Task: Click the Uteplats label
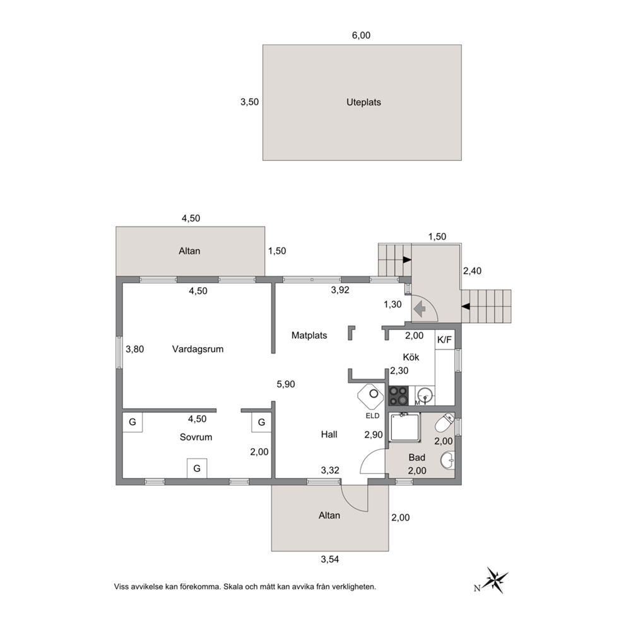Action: pos(363,102)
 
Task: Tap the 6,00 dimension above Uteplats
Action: pos(361,35)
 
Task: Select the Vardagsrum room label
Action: pos(198,350)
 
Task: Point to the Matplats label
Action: pos(309,335)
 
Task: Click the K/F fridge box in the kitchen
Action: pos(445,340)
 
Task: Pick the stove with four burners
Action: pos(398,396)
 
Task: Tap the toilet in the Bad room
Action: pos(444,423)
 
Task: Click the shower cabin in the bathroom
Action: pos(405,428)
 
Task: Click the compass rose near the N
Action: pos(496,580)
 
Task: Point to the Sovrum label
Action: pos(196,437)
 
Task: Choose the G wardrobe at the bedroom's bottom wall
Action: pos(197,468)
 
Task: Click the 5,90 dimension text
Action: pos(286,384)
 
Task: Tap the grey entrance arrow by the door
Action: pos(419,309)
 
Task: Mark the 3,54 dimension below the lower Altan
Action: pos(330,559)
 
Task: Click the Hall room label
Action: pos(329,434)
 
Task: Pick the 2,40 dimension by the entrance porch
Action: pos(472,271)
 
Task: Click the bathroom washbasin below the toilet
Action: pos(447,460)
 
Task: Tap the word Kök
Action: pos(411,357)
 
